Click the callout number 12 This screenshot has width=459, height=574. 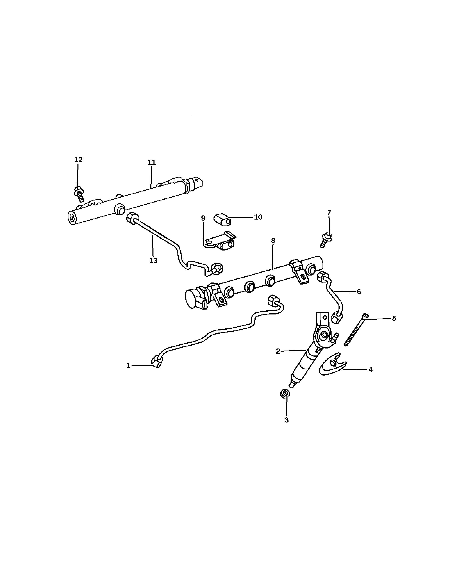(78, 160)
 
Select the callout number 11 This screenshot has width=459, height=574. (152, 162)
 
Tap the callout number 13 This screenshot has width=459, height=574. (153, 261)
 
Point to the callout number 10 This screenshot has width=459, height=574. (258, 217)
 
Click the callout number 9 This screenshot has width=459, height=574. (203, 218)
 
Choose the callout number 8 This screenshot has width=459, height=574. (273, 241)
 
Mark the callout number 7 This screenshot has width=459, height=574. (329, 213)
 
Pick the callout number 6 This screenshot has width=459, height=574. (359, 292)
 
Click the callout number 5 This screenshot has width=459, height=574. (394, 318)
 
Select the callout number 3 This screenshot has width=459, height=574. (287, 420)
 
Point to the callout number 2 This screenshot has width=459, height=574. (278, 351)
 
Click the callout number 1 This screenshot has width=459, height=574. (128, 366)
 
